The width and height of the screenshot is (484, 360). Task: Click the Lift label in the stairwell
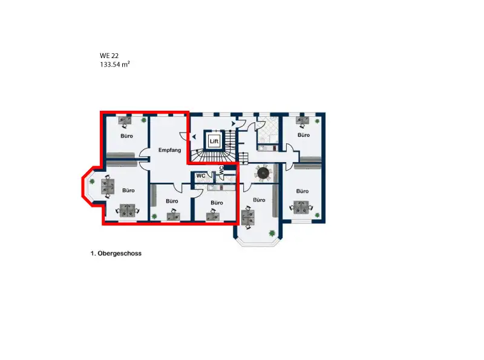point(214,142)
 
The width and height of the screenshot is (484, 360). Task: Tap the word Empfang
point(169,150)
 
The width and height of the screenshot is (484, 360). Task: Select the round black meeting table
point(263,173)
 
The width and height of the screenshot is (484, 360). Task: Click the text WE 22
point(109,56)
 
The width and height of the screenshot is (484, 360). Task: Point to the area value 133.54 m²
point(114,65)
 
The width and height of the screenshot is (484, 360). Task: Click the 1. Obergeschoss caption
point(116,254)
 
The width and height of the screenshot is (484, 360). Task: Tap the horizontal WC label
point(201,176)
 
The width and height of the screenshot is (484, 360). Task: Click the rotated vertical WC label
point(221,170)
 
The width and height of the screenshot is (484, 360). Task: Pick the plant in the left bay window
point(92,182)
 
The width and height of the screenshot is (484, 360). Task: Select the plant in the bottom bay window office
point(272,233)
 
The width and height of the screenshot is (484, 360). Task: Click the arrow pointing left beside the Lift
point(194,137)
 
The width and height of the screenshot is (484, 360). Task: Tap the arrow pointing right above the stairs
point(234,123)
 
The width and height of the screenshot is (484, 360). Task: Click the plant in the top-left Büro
point(143,120)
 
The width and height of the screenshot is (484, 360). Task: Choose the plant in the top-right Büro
point(317,121)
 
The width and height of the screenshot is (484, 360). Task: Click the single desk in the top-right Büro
point(302,120)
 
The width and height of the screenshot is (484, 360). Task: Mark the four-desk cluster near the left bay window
point(108,186)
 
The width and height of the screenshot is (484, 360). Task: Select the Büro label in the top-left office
point(126,136)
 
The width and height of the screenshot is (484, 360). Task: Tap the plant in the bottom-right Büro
point(317,215)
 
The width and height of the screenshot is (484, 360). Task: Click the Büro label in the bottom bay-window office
point(259,200)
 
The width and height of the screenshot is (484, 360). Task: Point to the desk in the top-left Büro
point(125,120)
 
